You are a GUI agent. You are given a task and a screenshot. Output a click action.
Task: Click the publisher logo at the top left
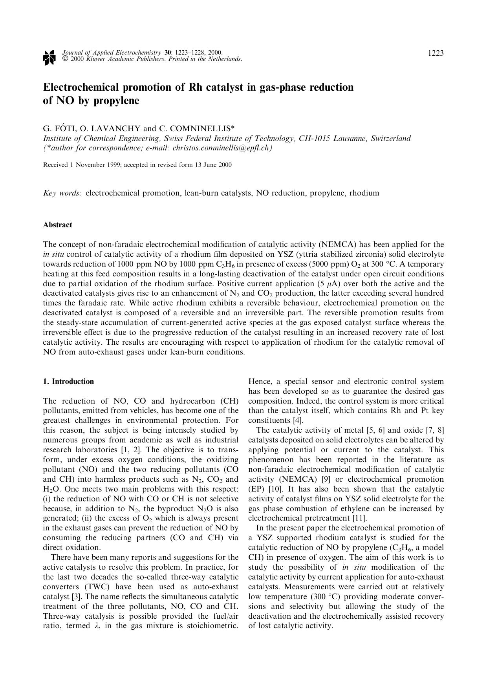click(48, 57)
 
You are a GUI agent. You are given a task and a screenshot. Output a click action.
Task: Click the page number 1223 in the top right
click(436, 53)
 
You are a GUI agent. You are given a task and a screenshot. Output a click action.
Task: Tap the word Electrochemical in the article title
click(76, 87)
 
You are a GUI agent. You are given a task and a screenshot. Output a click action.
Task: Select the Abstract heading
click(57, 225)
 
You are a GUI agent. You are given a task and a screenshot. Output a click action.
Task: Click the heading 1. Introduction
click(68, 382)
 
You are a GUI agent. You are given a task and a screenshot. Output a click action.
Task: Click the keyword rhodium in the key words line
click(364, 193)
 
